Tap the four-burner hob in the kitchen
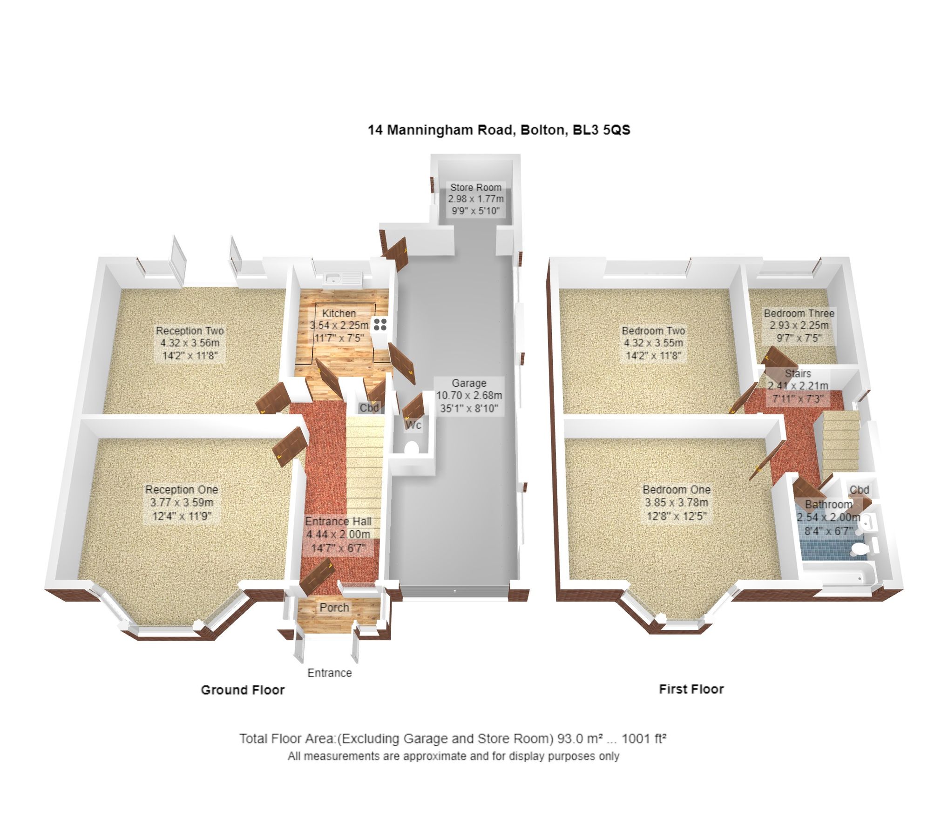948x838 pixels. pos(380,324)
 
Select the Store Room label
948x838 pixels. pos(475,187)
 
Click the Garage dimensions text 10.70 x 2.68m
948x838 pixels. pos(469,396)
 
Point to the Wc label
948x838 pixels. pos(413,425)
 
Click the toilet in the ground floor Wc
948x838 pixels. pos(411,447)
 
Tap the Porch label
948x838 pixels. pos(334,608)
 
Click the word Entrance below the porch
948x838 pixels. pos(329,673)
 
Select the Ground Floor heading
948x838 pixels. pos(243,690)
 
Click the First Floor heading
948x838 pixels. pos(691,689)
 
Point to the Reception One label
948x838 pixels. pos(182,489)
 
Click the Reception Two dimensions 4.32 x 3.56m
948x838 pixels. pos(190,343)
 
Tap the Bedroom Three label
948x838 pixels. pos(799,313)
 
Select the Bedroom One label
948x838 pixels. pos(676,489)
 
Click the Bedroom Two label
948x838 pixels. pos(653,331)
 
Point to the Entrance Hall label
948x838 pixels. pos(338,521)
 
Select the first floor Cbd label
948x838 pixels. pos(859,490)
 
